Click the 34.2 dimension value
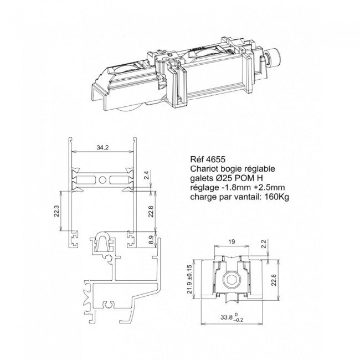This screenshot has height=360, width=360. click(x=102, y=148)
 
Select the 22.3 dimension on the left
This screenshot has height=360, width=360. click(x=56, y=211)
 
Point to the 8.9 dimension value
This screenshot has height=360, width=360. click(x=151, y=240)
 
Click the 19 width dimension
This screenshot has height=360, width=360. click(x=232, y=241)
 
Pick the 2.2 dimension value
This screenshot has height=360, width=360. click(x=264, y=244)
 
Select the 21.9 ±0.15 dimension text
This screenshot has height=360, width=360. click(x=189, y=279)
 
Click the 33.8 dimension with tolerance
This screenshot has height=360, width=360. click(x=232, y=317)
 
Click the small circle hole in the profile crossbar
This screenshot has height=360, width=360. click(x=102, y=180)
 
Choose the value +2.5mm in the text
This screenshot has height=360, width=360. click(x=269, y=187)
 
